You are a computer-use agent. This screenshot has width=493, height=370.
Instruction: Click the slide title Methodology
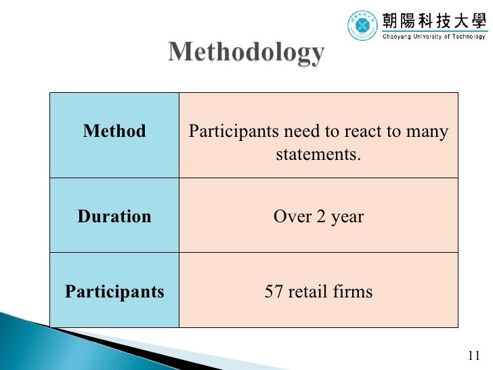[246, 52]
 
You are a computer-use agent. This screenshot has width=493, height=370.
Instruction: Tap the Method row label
[114, 131]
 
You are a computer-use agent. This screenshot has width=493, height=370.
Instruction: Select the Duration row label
[114, 217]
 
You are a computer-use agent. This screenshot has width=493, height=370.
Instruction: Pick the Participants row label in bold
[114, 292]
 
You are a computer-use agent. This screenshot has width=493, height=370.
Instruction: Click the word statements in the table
[318, 155]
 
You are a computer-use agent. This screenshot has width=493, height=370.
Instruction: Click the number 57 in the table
[274, 292]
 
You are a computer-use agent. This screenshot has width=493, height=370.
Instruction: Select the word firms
[352, 292]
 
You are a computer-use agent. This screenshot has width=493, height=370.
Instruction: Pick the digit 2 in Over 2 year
[316, 217]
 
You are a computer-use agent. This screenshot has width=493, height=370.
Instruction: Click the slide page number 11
[473, 356]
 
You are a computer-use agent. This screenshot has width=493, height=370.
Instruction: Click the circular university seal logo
[363, 26]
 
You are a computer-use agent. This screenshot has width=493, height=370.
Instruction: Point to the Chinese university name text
[434, 20]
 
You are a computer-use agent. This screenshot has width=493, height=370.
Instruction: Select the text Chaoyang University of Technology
[434, 37]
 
